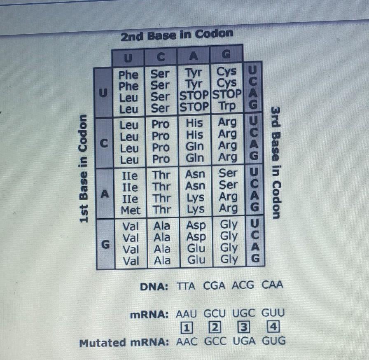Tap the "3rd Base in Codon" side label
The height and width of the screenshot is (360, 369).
tap(276, 163)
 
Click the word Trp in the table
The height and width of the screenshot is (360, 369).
tap(228, 107)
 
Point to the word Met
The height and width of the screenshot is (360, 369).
tap(130, 210)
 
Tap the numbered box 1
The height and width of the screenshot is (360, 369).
tap(187, 328)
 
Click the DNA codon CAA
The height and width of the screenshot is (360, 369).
tap(272, 285)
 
